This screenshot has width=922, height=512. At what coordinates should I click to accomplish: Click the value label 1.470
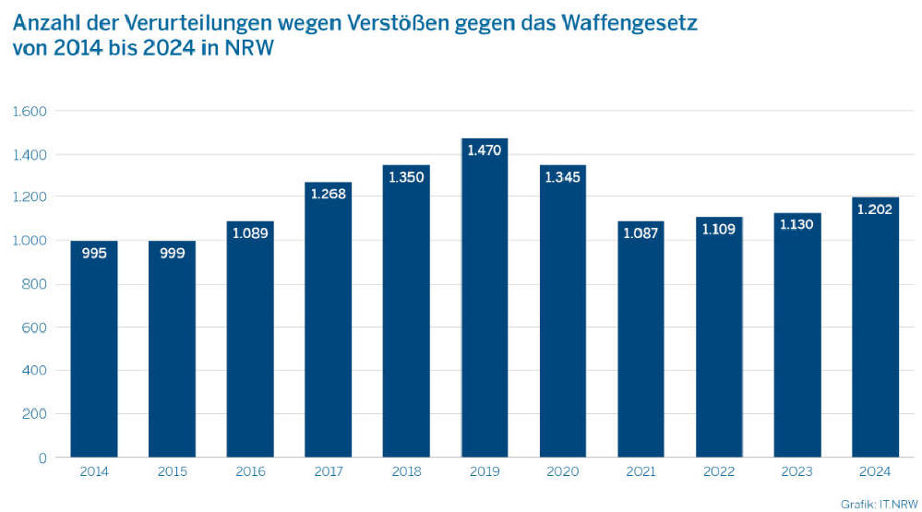(x=485, y=149)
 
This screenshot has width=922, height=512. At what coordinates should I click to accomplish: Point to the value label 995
(x=94, y=253)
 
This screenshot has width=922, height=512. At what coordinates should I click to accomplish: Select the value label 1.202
(x=875, y=208)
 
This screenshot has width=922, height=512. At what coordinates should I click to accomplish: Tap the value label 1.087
(x=641, y=233)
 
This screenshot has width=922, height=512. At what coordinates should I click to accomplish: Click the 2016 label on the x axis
(x=250, y=472)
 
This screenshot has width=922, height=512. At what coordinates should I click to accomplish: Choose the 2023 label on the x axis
(x=796, y=472)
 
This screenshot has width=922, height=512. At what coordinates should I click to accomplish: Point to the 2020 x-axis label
(x=562, y=472)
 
